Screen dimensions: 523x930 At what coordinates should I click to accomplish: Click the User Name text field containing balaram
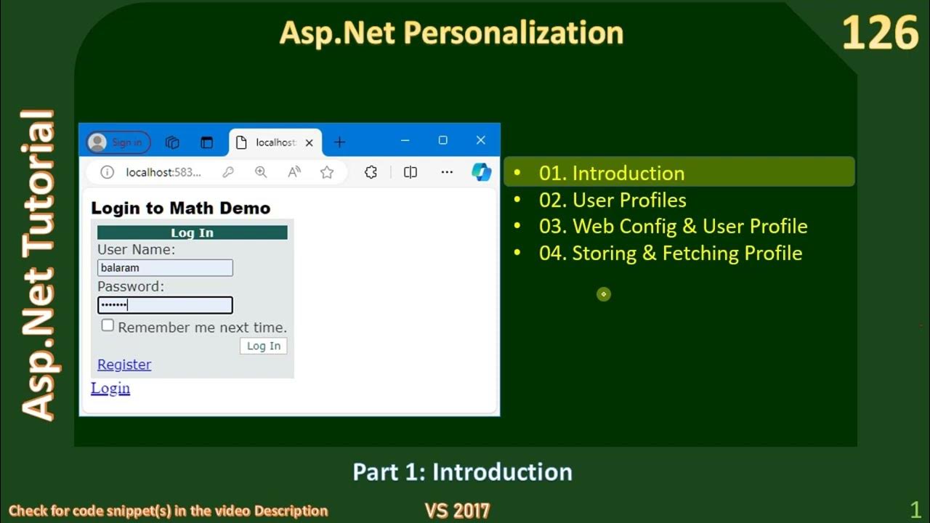(x=165, y=268)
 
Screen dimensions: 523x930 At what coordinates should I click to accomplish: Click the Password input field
(x=165, y=305)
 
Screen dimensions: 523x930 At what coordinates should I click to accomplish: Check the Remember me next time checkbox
(x=108, y=325)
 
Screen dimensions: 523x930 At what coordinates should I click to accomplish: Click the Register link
(x=124, y=365)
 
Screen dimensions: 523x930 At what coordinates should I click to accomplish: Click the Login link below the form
(x=110, y=389)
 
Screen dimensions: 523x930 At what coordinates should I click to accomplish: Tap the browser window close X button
(x=480, y=140)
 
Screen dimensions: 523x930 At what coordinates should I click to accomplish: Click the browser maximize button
(x=442, y=140)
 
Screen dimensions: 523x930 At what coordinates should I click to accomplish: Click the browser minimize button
(x=405, y=140)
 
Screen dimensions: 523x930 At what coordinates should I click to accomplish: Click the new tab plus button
(x=339, y=142)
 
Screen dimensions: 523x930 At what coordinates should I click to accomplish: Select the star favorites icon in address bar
(x=327, y=172)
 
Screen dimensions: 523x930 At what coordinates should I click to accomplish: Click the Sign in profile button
(x=118, y=142)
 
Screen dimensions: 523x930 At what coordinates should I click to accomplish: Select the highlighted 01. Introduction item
(x=612, y=173)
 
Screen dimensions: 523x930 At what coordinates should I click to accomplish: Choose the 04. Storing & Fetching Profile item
(x=670, y=253)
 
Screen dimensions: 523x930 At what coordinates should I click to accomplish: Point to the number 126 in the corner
(x=880, y=33)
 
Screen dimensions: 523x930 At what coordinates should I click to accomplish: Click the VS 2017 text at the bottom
(x=457, y=511)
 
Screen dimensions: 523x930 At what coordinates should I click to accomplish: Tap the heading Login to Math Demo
(x=180, y=208)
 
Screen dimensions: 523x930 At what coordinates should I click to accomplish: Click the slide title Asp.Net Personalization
(x=451, y=33)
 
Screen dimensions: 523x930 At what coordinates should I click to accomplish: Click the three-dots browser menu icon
(x=447, y=172)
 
